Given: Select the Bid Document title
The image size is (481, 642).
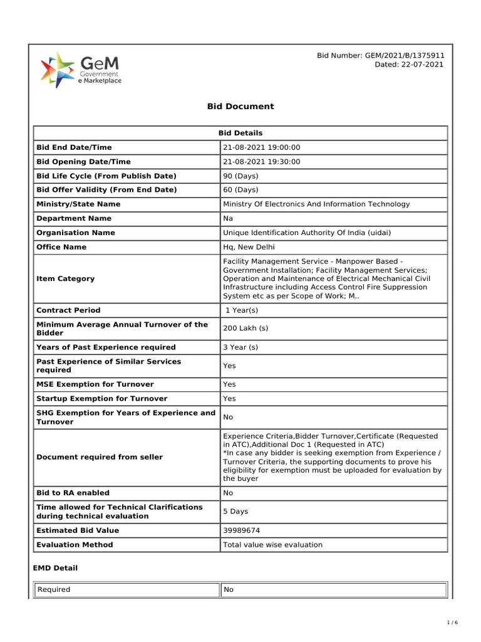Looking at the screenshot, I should click(240, 107).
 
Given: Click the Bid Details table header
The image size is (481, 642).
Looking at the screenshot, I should click(240, 133).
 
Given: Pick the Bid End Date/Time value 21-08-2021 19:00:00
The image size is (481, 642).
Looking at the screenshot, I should click(262, 147).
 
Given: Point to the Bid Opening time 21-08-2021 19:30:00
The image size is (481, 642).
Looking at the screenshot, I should click(262, 162).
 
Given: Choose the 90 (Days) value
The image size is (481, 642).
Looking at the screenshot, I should click(240, 176).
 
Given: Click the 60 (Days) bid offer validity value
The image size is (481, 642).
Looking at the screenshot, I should click(240, 190).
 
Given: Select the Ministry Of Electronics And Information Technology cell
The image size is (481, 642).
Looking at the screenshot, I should click(316, 204).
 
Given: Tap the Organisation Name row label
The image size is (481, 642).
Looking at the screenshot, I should click(76, 233).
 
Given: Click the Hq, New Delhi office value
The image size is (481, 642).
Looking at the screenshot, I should click(249, 247).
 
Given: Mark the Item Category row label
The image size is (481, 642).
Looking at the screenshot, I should click(66, 278).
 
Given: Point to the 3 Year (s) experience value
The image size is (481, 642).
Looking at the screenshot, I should click(240, 347).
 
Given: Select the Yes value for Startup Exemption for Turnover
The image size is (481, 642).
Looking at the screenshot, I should click(230, 399).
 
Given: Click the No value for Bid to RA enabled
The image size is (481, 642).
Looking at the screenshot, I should click(228, 493).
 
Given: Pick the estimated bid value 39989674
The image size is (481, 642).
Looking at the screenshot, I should click(243, 530).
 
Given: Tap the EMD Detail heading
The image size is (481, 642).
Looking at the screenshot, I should click(55, 568).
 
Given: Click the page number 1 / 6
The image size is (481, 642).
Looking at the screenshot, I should click(453, 623).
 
